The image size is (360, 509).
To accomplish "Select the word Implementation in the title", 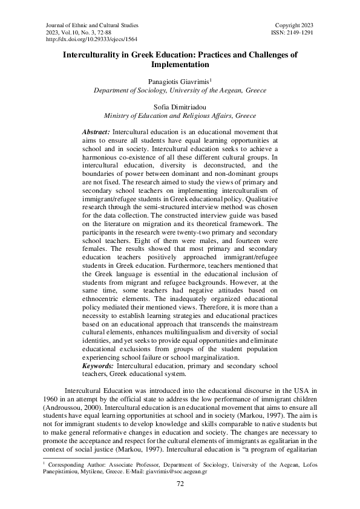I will pos(180,63).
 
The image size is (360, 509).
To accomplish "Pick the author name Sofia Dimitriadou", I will pos(180,106).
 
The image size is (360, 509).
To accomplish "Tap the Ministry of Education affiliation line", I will pos(180,115).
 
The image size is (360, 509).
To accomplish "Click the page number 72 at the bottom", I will pos(180,484).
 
